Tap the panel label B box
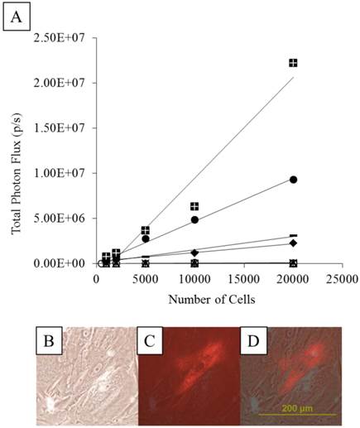pos(48,339)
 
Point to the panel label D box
pos(251,339)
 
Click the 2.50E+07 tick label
pos(63,37)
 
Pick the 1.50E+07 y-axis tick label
pos(63,127)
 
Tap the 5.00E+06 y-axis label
pos(63,219)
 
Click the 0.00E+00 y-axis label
pos(63,263)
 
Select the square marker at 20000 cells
pos(293,63)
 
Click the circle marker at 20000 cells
pos(293,180)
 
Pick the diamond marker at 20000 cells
pos(293,243)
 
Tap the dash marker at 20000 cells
pos(293,236)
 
